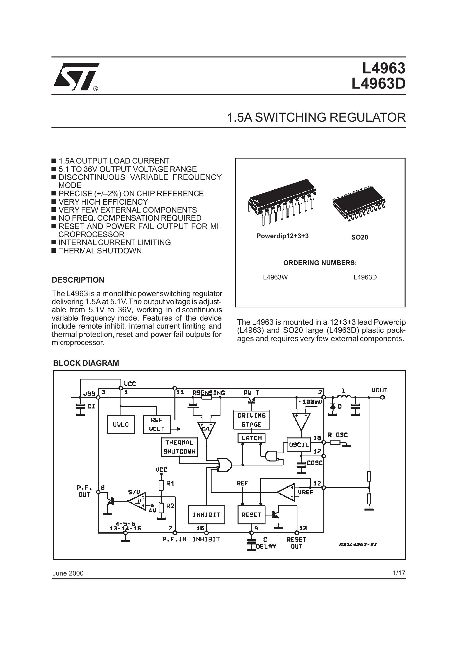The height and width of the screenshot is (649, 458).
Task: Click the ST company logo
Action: tap(76, 77)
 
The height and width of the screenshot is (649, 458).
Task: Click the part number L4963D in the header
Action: tap(378, 83)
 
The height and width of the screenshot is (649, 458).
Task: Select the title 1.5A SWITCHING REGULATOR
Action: tap(316, 117)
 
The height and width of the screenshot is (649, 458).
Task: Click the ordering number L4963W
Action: tap(275, 277)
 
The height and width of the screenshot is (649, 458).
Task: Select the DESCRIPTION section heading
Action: tap(78, 280)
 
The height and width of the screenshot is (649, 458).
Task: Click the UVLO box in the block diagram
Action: tap(121, 424)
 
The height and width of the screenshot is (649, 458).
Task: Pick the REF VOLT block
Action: tap(157, 424)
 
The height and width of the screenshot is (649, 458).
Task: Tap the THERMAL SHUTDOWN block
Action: tap(179, 447)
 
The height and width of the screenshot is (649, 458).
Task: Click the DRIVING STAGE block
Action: tap(252, 420)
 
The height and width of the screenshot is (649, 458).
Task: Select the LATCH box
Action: tap(252, 438)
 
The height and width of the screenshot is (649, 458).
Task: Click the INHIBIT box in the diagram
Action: tap(207, 515)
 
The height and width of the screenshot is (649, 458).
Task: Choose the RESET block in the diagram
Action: tap(252, 515)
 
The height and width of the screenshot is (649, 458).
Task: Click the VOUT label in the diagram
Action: tap(379, 390)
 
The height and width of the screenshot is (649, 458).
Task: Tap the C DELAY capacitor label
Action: tap(266, 543)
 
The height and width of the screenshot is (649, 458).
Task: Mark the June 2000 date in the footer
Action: tap(68, 573)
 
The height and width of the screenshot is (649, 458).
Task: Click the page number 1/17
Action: tap(399, 573)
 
